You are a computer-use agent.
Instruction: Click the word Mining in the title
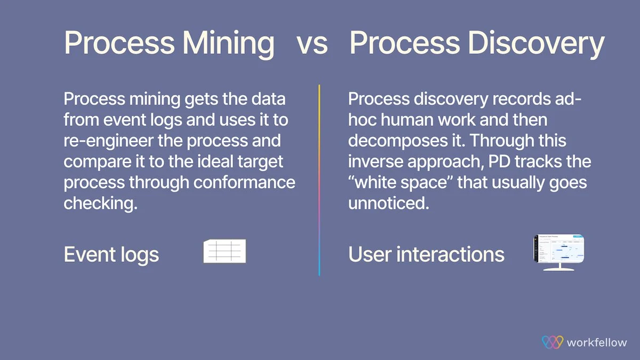pyautogui.click(x=228, y=43)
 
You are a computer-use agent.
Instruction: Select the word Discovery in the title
pyautogui.click(x=536, y=43)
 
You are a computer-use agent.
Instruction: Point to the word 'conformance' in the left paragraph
pyautogui.click(x=244, y=182)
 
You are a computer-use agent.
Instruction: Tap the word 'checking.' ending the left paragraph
pyautogui.click(x=101, y=203)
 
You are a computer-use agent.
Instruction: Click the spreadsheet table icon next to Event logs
pyautogui.click(x=225, y=251)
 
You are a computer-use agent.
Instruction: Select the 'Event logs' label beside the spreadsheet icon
pyautogui.click(x=111, y=254)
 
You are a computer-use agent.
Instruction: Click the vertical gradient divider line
pyautogui.click(x=319, y=180)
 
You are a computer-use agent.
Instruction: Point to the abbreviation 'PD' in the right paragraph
pyautogui.click(x=499, y=162)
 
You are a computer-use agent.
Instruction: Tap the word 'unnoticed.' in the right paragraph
pyautogui.click(x=389, y=203)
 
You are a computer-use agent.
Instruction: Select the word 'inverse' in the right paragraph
pyautogui.click(x=375, y=162)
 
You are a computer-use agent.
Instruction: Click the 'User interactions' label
pyautogui.click(x=426, y=254)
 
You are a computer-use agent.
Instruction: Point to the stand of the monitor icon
pyautogui.click(x=559, y=267)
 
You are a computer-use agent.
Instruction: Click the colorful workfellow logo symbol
pyautogui.click(x=553, y=342)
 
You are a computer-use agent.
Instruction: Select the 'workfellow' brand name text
pyautogui.click(x=597, y=342)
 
